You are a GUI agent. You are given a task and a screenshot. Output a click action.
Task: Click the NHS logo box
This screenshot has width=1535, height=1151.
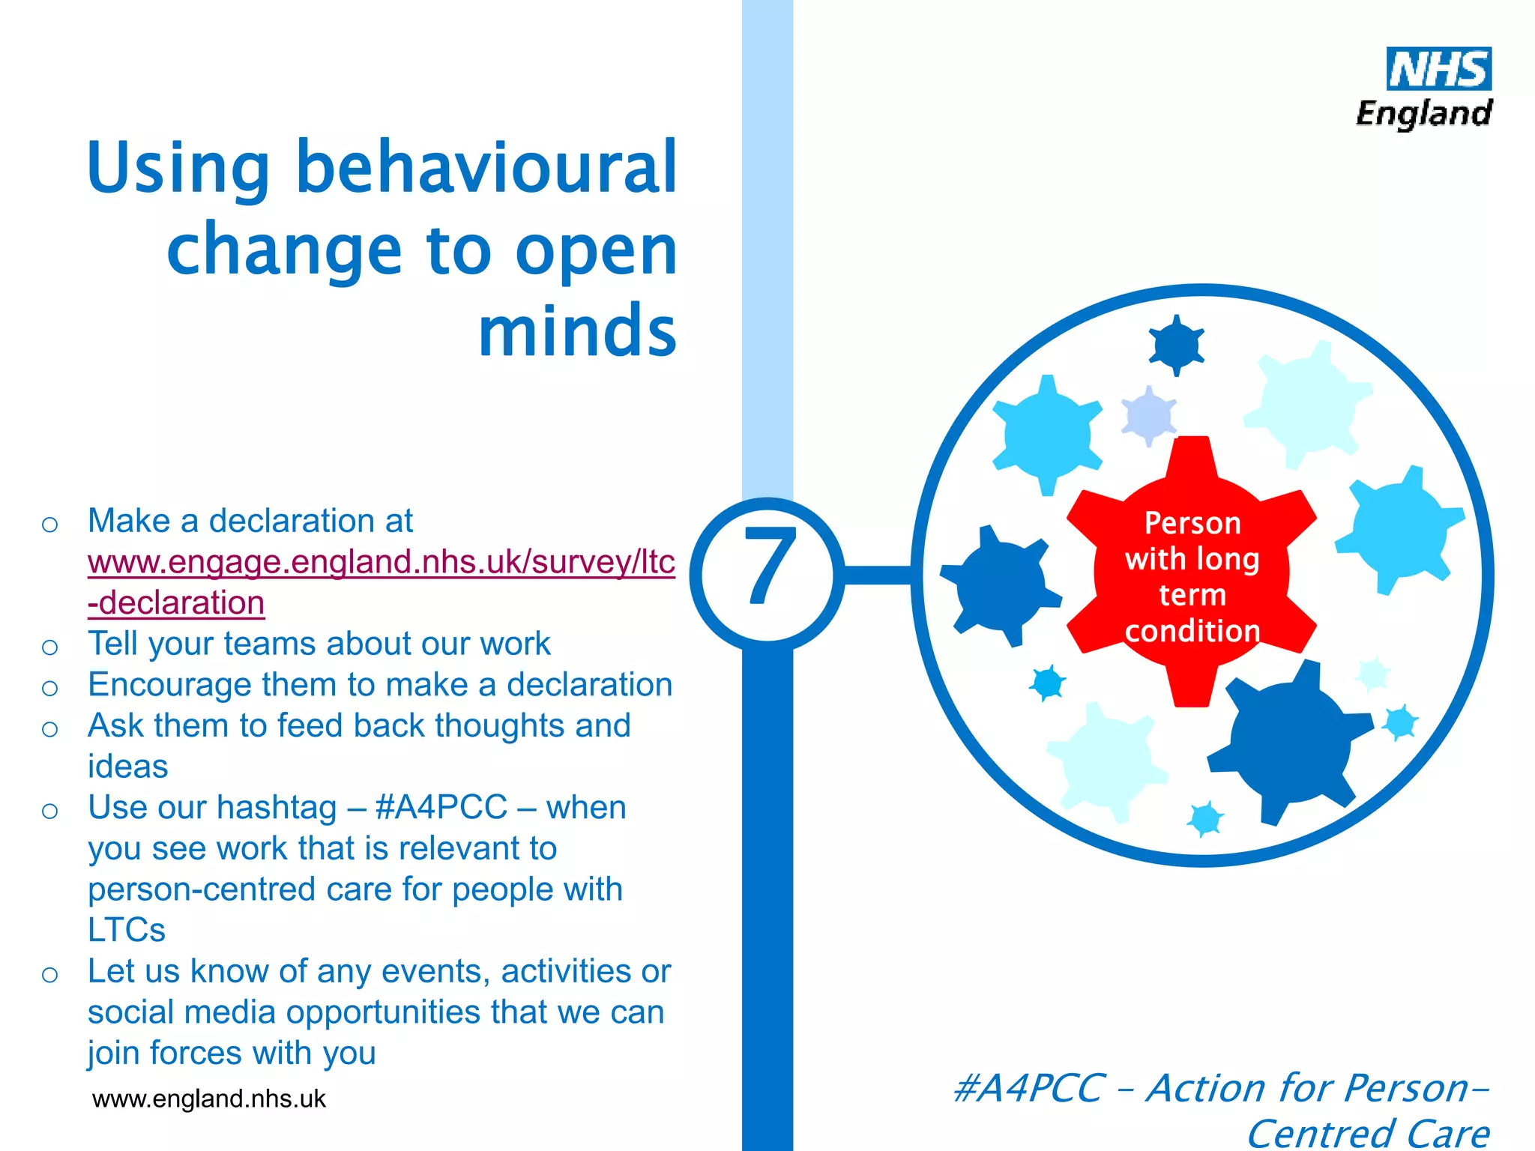[x=1438, y=69]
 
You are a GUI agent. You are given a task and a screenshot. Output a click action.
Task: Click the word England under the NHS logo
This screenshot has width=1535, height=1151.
[x=1423, y=114]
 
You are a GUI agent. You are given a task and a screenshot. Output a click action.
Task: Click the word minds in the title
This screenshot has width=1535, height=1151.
[x=577, y=331]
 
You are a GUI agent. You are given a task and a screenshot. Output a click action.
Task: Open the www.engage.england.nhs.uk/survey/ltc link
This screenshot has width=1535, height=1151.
[x=381, y=562]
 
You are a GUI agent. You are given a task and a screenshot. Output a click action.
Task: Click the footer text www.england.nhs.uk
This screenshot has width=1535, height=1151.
[x=208, y=1099]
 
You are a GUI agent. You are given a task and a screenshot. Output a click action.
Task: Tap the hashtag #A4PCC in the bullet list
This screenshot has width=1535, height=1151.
[x=441, y=808]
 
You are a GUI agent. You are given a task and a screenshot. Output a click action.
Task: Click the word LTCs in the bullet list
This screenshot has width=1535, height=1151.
[x=126, y=930]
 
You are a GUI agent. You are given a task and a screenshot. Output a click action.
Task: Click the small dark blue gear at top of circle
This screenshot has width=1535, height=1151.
[x=1176, y=345]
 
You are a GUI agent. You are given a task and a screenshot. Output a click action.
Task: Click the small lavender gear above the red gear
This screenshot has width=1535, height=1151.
[x=1148, y=414]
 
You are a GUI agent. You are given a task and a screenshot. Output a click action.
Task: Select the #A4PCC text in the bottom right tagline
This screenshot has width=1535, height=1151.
[x=1028, y=1088]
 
